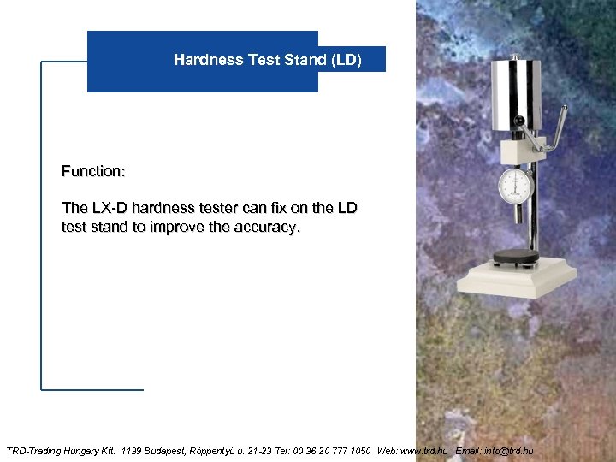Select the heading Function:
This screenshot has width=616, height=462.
pos(93,171)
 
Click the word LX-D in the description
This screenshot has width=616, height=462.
pos(105,208)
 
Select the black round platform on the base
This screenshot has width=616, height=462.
pos(516,257)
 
